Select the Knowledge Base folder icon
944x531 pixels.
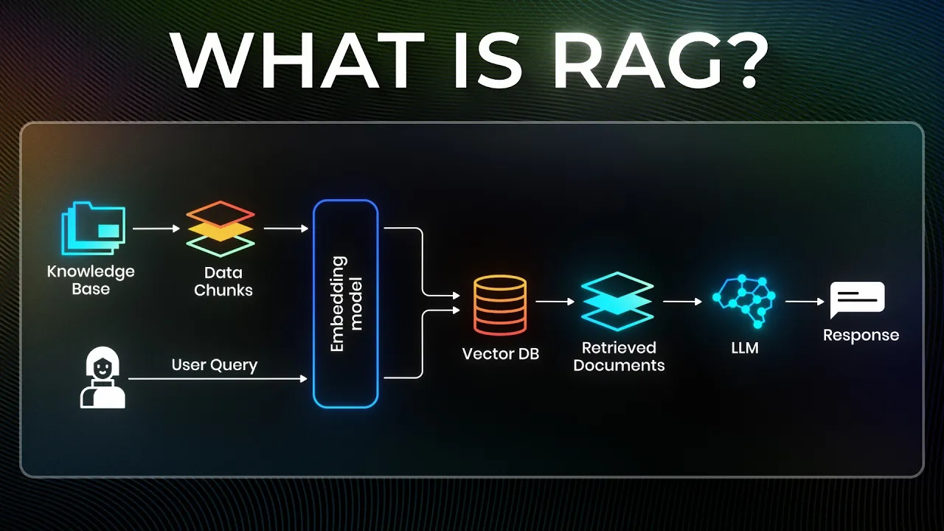[93, 229]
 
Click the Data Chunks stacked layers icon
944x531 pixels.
[221, 229]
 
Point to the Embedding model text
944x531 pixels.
[346, 303]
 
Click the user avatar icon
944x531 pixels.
[103, 378]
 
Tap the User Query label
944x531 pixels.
[214, 365]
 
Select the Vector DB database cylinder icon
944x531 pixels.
[500, 305]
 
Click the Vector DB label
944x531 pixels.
[500, 354]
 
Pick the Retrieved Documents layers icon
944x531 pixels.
[617, 302]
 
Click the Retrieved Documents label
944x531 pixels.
[618, 356]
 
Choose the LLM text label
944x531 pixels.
[744, 347]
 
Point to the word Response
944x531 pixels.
[861, 336]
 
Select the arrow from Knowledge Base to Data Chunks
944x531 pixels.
[156, 229]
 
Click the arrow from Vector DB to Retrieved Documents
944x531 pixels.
[555, 302]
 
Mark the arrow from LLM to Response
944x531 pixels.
[804, 302]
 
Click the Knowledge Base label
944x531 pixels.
[91, 280]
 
